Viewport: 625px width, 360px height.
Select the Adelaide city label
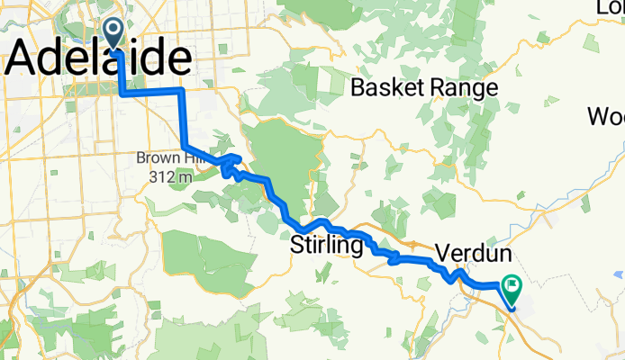point(99,60)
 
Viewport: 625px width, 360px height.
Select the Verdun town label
point(475,251)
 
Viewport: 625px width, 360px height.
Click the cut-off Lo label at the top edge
point(610,7)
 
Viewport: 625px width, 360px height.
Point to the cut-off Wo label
point(606,117)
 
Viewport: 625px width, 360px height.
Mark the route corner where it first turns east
point(122,92)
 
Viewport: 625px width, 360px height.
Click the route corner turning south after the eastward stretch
point(182,91)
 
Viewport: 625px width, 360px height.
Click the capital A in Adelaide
point(28,60)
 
